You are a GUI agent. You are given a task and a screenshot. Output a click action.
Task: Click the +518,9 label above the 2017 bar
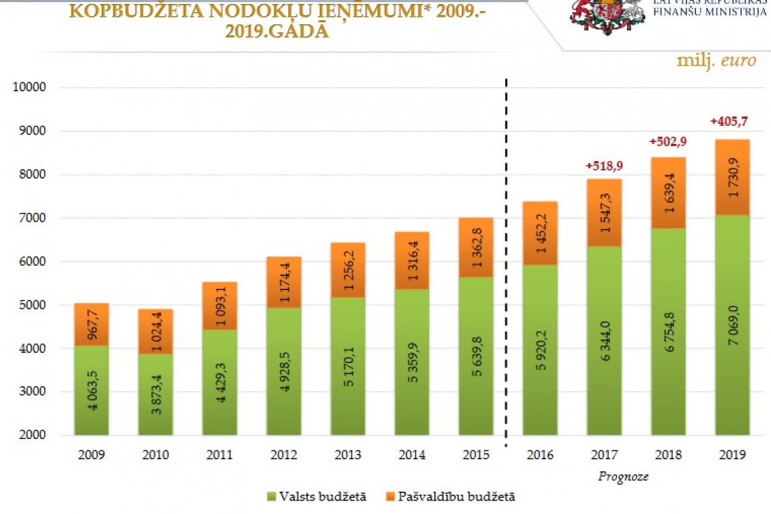(603, 167)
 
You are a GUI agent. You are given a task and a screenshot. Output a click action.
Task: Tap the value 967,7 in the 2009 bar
(91, 324)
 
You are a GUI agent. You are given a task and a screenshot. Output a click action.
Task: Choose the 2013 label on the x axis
(348, 455)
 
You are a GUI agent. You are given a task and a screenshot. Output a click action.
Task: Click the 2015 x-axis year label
(476, 455)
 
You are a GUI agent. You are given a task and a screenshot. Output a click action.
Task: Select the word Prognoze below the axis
(623, 476)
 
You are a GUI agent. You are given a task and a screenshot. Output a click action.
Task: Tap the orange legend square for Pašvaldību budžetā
(390, 497)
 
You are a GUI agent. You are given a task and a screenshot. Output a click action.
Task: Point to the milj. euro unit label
(716, 60)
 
